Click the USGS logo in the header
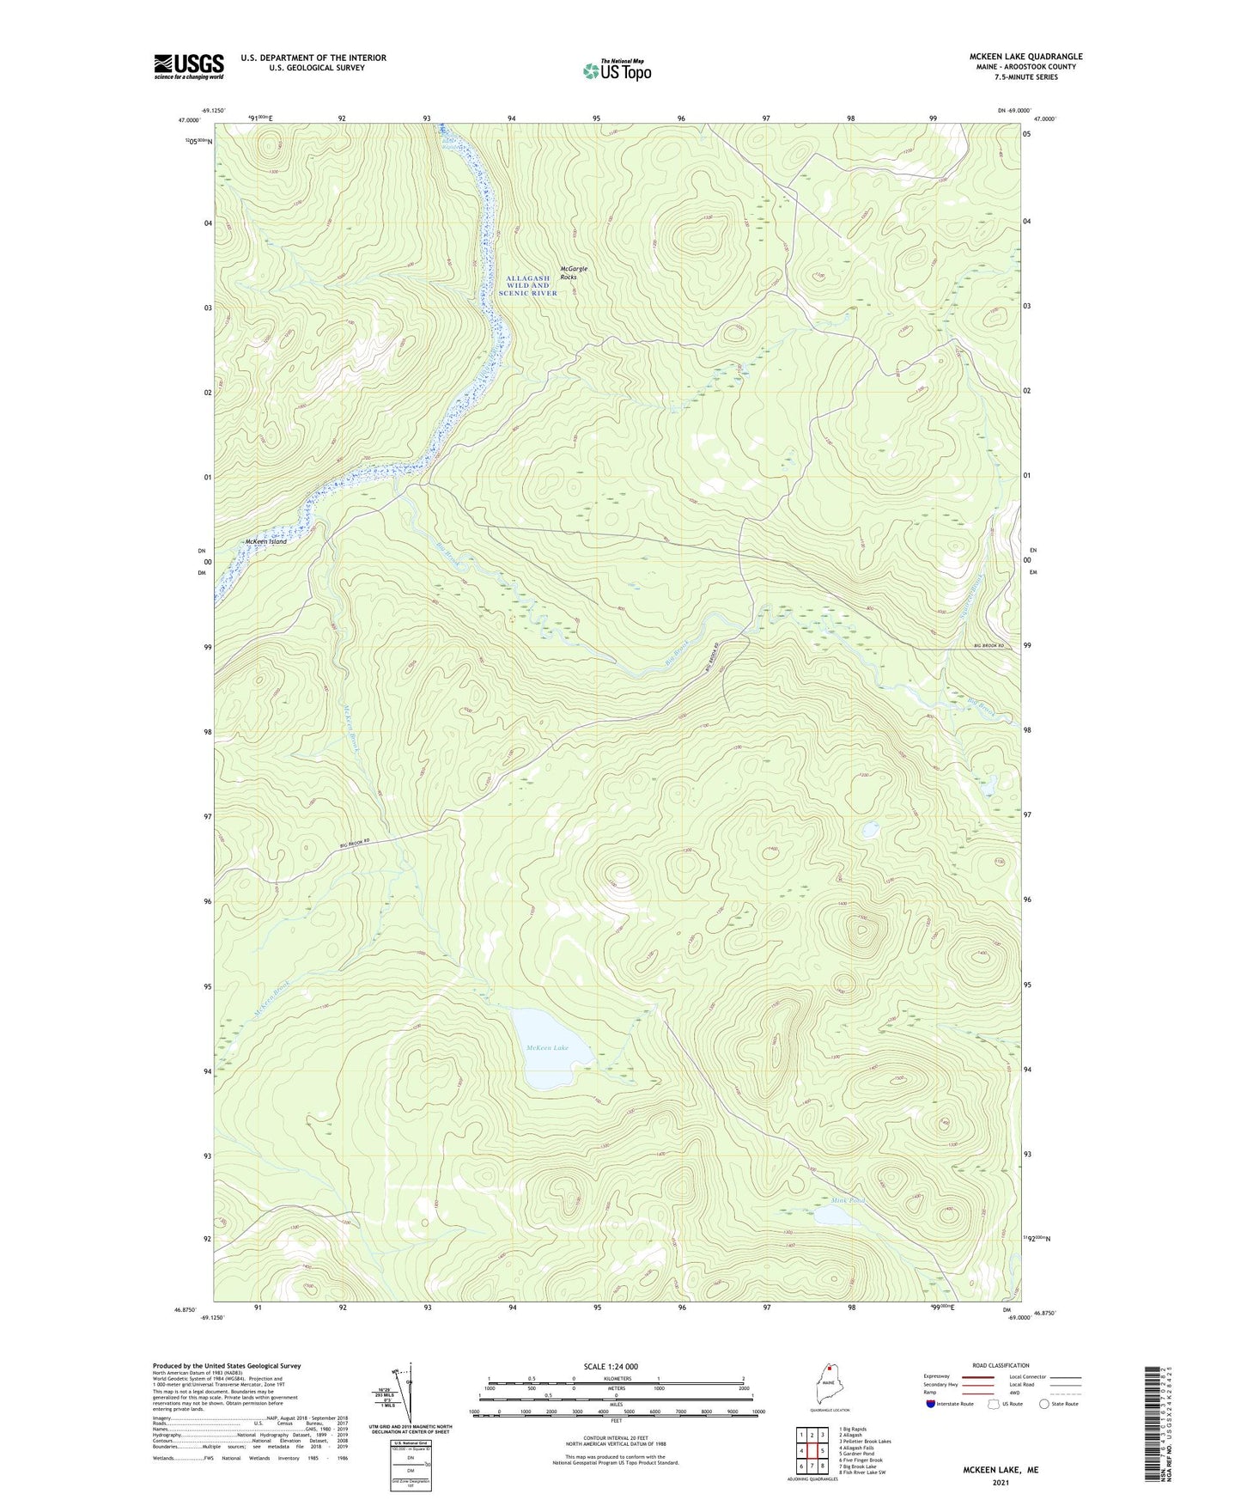[x=188, y=66]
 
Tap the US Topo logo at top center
[x=616, y=70]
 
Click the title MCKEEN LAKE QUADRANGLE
[x=1013, y=57]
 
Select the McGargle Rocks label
[x=574, y=273]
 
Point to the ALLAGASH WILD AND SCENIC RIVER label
[x=527, y=286]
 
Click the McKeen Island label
[x=265, y=542]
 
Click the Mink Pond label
[x=848, y=1200]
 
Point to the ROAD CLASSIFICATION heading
[x=1001, y=1365]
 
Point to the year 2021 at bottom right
[x=1001, y=1482]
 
